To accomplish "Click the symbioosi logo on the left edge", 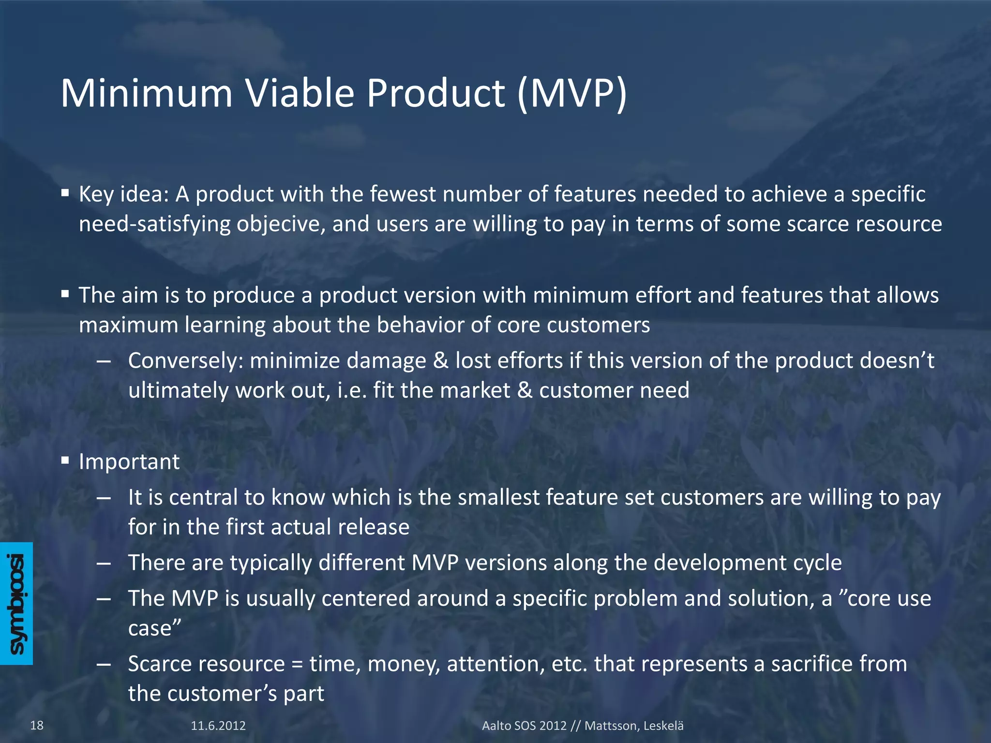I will pos(16,603).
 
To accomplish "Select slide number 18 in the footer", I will pos(37,725).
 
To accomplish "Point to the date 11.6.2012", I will pos(218,726).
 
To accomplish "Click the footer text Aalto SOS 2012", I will pos(524,726).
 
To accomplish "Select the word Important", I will pos(129,461).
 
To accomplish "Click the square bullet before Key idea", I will pos(65,193).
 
